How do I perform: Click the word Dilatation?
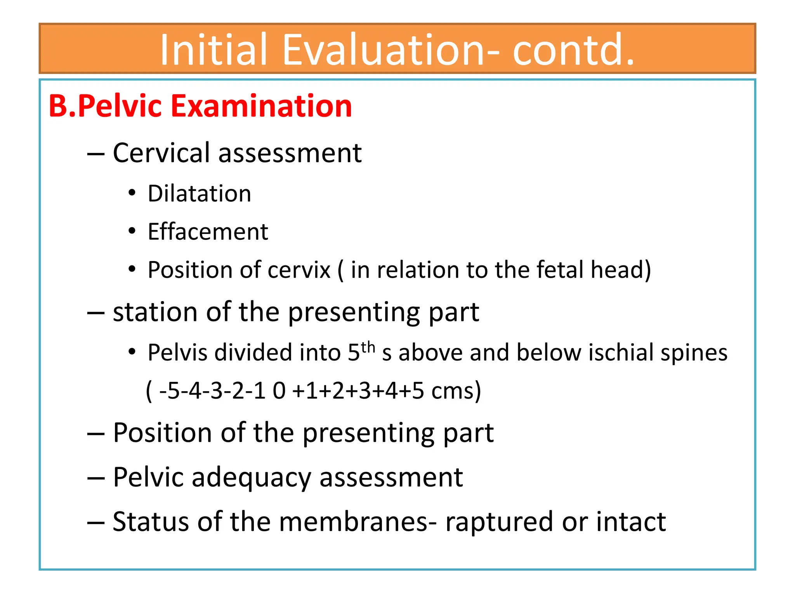click(200, 194)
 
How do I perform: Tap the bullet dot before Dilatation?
click(132, 193)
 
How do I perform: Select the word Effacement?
click(208, 232)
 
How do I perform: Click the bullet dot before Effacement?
click(132, 231)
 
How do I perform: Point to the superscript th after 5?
click(368, 347)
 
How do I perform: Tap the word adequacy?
click(251, 478)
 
